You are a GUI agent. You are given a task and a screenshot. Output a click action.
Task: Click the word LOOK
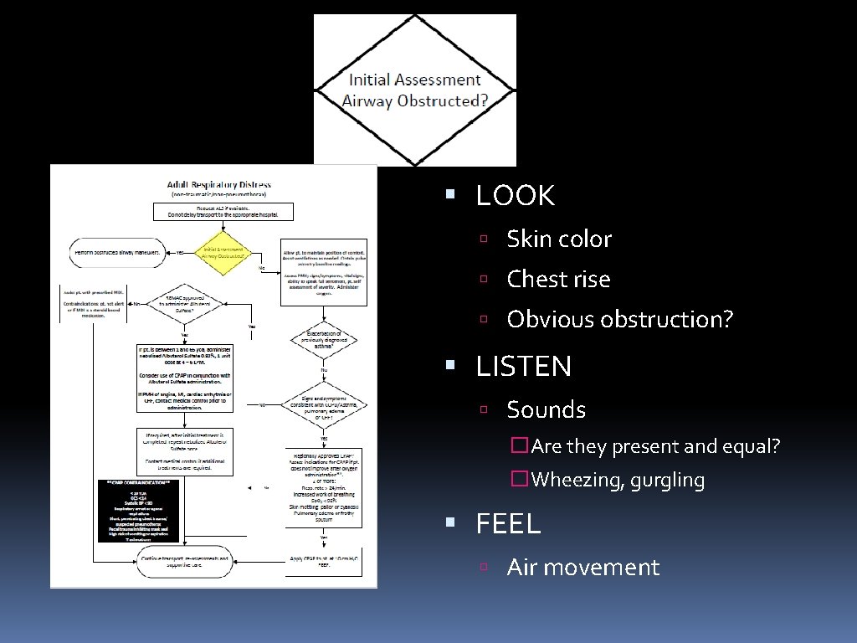pyautogui.click(x=515, y=196)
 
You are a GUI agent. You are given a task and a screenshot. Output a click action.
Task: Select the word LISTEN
pyautogui.click(x=524, y=367)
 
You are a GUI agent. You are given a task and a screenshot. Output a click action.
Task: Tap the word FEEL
pyautogui.click(x=508, y=524)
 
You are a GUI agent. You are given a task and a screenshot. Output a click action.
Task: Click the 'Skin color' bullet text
pyautogui.click(x=559, y=239)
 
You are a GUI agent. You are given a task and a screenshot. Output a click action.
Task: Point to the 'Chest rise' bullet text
pyautogui.click(x=558, y=280)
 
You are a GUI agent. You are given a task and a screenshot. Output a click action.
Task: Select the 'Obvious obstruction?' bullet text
pyautogui.click(x=619, y=320)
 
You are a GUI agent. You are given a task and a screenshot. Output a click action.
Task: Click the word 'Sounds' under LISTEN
pyautogui.click(x=546, y=410)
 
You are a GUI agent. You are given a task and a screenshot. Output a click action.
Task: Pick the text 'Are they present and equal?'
pyautogui.click(x=654, y=447)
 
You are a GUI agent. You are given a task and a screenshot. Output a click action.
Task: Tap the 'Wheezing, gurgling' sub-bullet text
pyautogui.click(x=618, y=481)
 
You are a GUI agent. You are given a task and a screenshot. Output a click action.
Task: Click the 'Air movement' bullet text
pyautogui.click(x=582, y=568)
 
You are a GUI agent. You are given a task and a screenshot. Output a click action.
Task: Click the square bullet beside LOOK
pyautogui.click(x=450, y=195)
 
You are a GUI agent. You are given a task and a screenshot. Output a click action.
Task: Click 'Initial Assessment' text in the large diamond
pyautogui.click(x=414, y=80)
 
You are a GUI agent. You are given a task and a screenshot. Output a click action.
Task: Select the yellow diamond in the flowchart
pyautogui.click(x=223, y=252)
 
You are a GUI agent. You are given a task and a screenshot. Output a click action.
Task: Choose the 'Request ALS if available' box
pyautogui.click(x=223, y=212)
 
